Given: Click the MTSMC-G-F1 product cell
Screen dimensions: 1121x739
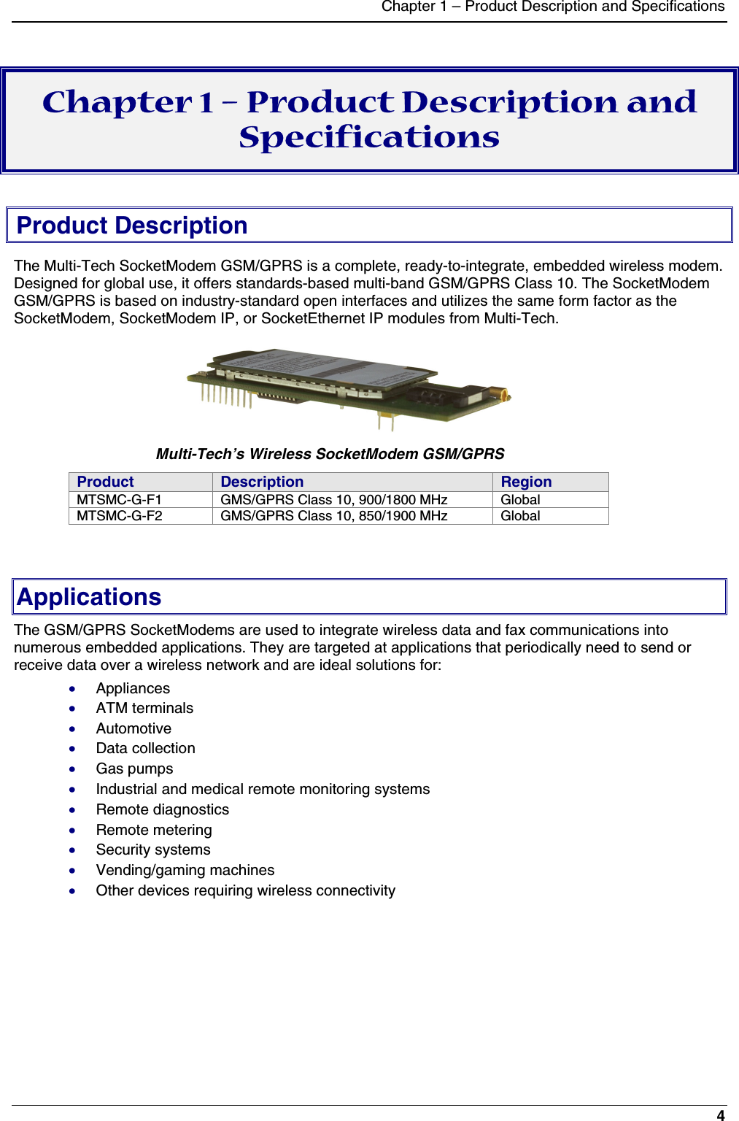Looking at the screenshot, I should click(120, 500).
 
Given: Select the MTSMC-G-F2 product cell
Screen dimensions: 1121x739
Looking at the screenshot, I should click(120, 516).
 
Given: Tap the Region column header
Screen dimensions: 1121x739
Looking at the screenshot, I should click(526, 482).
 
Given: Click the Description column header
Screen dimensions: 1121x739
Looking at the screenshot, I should click(262, 482).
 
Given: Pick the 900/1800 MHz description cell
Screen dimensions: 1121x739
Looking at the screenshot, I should click(334, 500).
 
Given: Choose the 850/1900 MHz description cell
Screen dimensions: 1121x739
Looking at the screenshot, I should click(334, 516).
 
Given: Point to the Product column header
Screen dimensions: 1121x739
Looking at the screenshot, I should click(106, 482).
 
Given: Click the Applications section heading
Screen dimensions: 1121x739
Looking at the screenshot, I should click(89, 597).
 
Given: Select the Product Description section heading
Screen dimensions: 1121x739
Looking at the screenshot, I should click(132, 226).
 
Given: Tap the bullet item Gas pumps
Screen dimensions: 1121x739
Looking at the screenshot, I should click(135, 768).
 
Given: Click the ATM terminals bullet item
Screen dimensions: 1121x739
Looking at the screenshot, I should click(144, 708).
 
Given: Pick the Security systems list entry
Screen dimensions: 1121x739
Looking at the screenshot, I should click(153, 850).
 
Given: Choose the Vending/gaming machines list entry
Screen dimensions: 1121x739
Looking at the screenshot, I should click(185, 870).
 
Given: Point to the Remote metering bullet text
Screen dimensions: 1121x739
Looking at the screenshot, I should click(154, 830).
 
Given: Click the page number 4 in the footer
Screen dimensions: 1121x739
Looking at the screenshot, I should click(721, 1114).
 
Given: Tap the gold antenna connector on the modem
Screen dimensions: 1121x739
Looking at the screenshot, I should click(503, 396).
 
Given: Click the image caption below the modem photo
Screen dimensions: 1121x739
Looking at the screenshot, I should click(330, 454).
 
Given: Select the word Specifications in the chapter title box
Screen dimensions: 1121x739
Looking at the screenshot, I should click(369, 137).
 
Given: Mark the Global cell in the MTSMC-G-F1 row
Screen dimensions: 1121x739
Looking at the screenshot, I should click(520, 500).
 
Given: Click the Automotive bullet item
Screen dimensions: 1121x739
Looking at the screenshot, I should click(134, 728).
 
